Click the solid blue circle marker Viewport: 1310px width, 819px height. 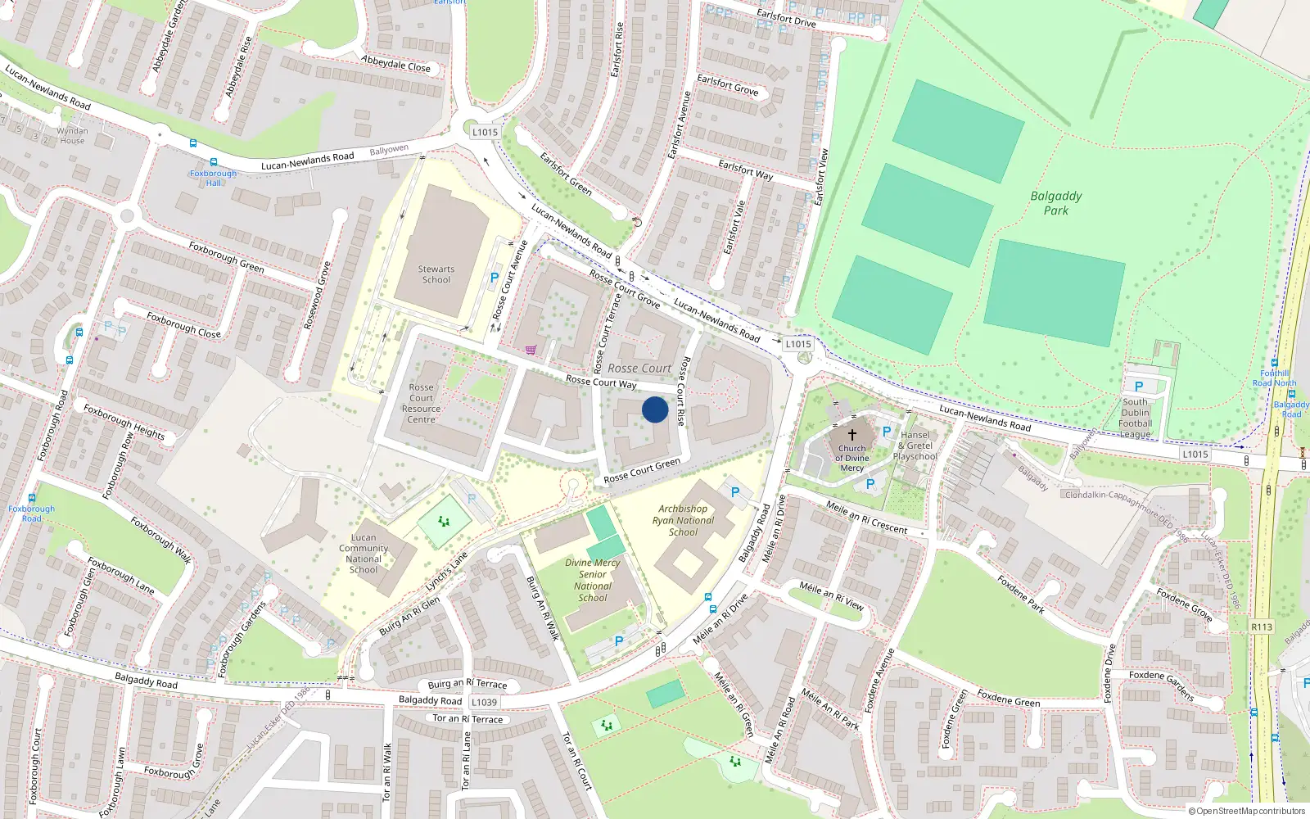(655, 409)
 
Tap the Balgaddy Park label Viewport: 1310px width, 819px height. (1056, 203)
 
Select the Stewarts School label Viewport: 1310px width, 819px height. (436, 274)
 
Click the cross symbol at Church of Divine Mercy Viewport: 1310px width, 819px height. (851, 434)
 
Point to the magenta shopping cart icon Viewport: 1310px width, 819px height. (531, 351)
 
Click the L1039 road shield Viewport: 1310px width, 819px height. (484, 702)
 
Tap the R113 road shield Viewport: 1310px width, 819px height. (1262, 627)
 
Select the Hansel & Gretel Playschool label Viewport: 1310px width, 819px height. (915, 446)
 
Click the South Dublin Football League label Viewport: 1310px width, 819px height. (1136, 418)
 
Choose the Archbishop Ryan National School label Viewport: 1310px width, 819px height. (683, 520)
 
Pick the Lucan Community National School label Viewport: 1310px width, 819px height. (364, 554)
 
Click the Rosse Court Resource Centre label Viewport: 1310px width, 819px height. (421, 403)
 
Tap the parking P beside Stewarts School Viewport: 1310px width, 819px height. (494, 278)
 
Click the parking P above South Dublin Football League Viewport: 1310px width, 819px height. (1139, 387)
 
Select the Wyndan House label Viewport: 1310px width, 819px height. (72, 135)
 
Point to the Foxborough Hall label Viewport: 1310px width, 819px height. (213, 178)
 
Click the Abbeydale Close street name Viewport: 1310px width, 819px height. (395, 64)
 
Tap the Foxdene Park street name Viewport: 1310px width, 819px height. (1021, 594)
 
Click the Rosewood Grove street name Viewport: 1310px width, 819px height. (317, 296)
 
